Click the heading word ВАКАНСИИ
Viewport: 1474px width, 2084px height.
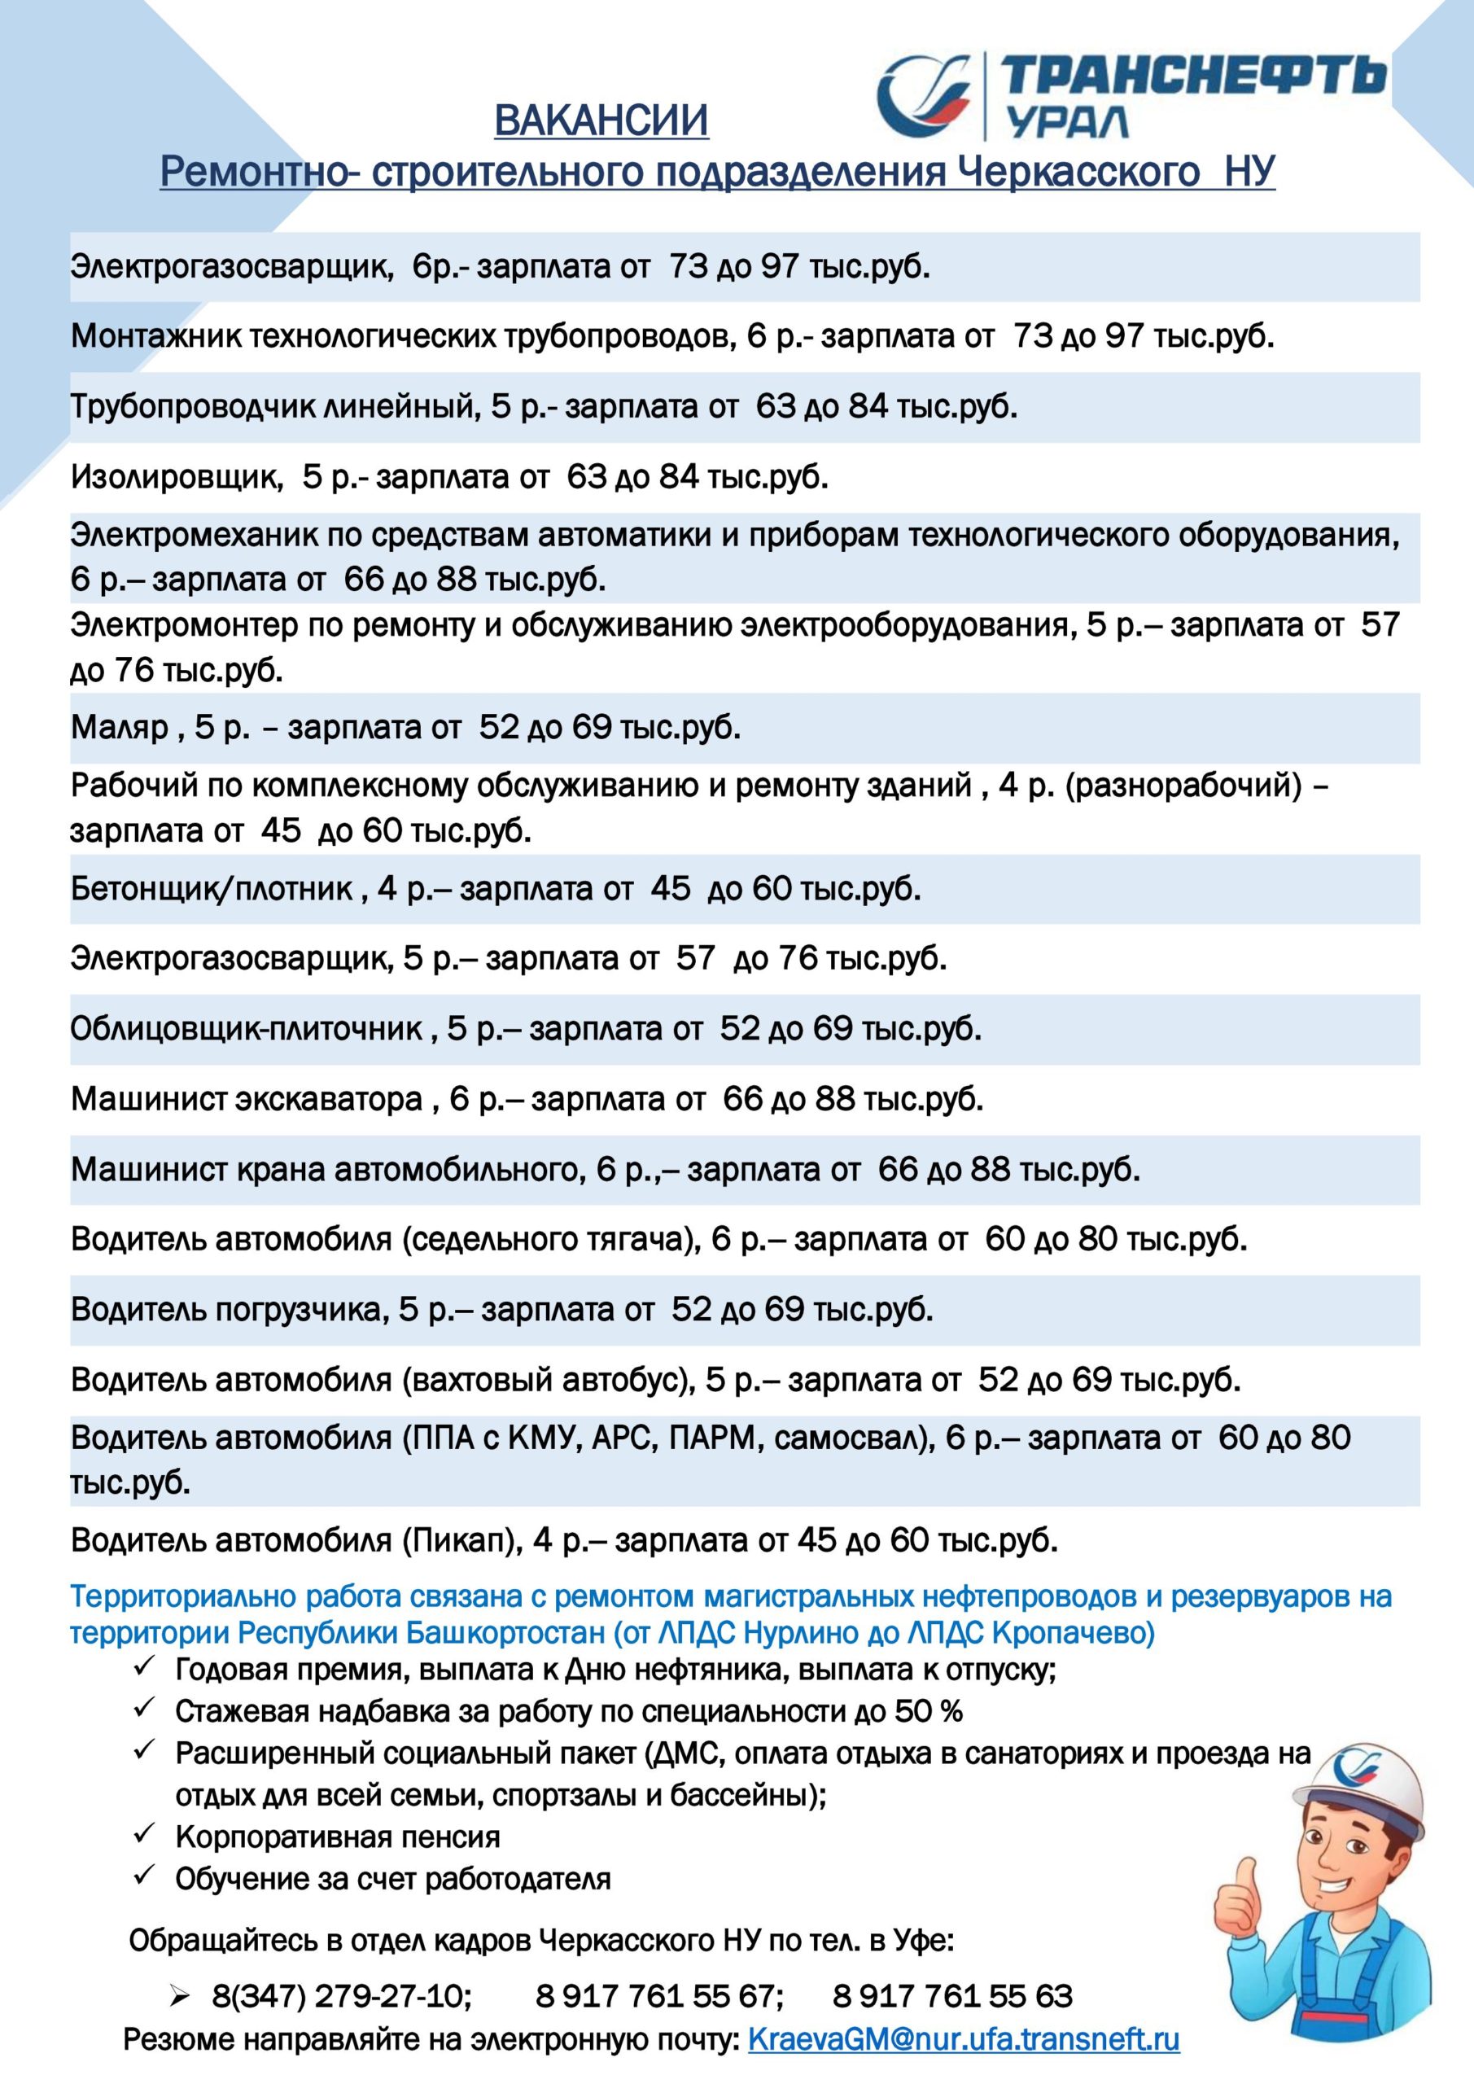[601, 120]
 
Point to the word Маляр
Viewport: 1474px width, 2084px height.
[120, 727]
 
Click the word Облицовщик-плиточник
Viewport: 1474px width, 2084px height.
[247, 1028]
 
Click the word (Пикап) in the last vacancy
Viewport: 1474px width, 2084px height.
[461, 1541]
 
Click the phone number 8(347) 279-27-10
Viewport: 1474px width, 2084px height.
[341, 1996]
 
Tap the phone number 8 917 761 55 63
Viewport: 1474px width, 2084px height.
[952, 1996]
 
